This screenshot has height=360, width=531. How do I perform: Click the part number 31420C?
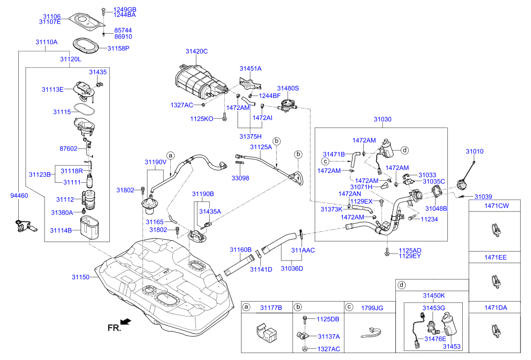click(196, 51)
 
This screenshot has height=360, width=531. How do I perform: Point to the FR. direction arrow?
click(126, 322)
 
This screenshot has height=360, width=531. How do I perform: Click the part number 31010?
click(474, 152)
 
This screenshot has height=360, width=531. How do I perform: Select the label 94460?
click(19, 196)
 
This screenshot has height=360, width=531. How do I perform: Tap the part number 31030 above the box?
click(382, 119)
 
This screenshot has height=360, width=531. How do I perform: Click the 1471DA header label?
click(495, 308)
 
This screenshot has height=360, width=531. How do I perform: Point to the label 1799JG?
click(372, 308)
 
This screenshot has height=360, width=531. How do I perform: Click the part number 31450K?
click(434, 295)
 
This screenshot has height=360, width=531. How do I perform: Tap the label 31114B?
click(61, 230)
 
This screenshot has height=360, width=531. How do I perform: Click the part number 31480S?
click(288, 88)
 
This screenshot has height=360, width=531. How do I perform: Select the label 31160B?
click(240, 250)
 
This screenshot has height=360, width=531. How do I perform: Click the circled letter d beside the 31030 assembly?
click(404, 150)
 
